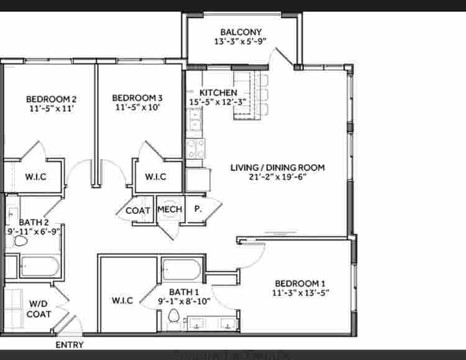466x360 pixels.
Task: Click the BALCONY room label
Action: tap(240, 32)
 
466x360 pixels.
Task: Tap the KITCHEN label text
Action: tap(218, 92)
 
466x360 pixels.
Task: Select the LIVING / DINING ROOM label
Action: tap(277, 167)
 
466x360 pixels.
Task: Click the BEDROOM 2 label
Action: tap(51, 98)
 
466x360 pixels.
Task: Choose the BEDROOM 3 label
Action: tap(137, 98)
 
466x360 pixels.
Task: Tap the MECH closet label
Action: tap(170, 210)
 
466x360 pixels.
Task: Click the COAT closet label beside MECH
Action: tap(137, 210)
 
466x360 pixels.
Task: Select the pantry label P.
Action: tap(198, 210)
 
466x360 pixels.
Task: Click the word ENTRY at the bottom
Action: tap(70, 344)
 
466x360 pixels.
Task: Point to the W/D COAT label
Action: tap(40, 309)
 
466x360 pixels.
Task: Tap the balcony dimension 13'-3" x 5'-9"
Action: tap(240, 42)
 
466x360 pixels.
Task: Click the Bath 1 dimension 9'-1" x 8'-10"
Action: tap(184, 302)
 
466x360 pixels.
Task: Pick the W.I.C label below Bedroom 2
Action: tap(35, 177)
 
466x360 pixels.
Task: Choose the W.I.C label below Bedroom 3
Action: tap(155, 177)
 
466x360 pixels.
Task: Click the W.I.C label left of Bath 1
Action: tap(122, 300)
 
